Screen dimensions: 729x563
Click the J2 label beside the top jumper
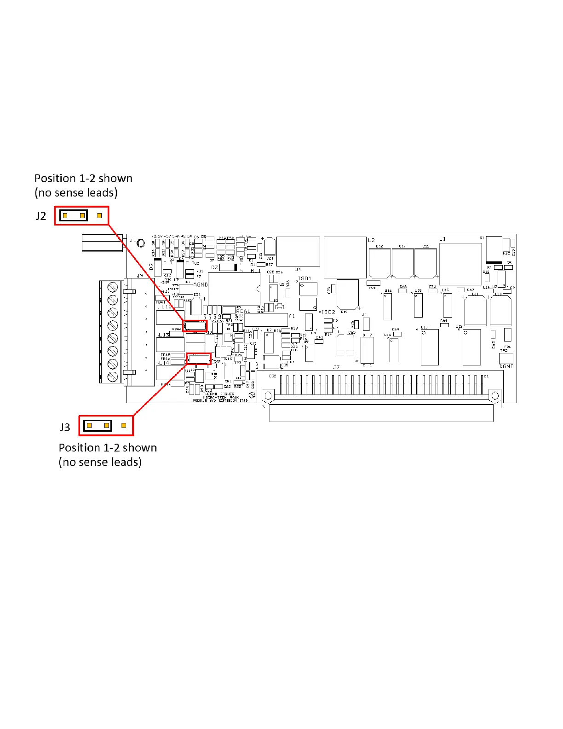pos(41,216)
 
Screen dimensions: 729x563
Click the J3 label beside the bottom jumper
pos(65,427)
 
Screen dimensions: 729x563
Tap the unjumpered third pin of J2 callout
pos(99,215)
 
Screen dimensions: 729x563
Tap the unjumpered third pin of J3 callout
pos(124,426)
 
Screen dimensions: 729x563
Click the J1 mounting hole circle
pos(142,243)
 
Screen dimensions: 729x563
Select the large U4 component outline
pos(298,251)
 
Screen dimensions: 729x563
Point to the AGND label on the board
pos(201,285)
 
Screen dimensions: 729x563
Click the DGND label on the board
pos(506,366)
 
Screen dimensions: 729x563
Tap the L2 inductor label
pos(372,240)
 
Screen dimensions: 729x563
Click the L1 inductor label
pos(442,239)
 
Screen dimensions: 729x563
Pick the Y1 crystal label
pos(292,316)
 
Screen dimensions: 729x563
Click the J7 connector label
pos(336,367)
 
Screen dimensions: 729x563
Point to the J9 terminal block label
pos(140,276)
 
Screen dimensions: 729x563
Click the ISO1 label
pos(304,278)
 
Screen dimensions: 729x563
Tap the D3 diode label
pos(214,267)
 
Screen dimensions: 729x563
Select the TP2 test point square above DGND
pos(506,358)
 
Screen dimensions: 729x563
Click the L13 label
pos(164,335)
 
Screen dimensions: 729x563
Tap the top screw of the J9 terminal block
pos(113,288)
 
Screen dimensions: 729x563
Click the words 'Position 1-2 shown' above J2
pos(83,179)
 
